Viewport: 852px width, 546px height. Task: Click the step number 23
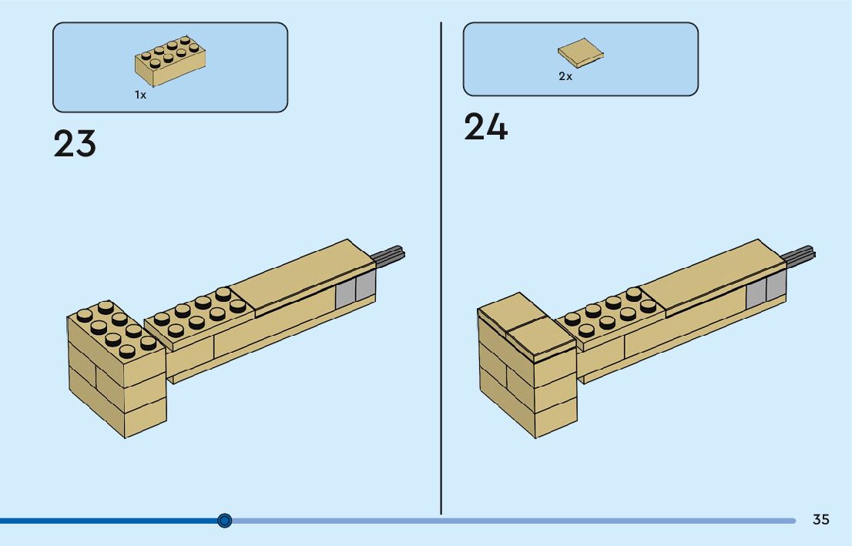75,144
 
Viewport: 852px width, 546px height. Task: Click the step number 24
485,127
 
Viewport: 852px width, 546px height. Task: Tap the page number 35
821,520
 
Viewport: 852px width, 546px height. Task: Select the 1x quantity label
140,95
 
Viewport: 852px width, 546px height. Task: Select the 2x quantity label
565,76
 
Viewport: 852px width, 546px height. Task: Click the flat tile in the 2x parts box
581,52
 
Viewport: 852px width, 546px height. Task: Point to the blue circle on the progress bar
225,521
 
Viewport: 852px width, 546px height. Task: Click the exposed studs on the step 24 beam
612,312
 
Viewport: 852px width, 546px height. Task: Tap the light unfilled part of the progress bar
508,521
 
